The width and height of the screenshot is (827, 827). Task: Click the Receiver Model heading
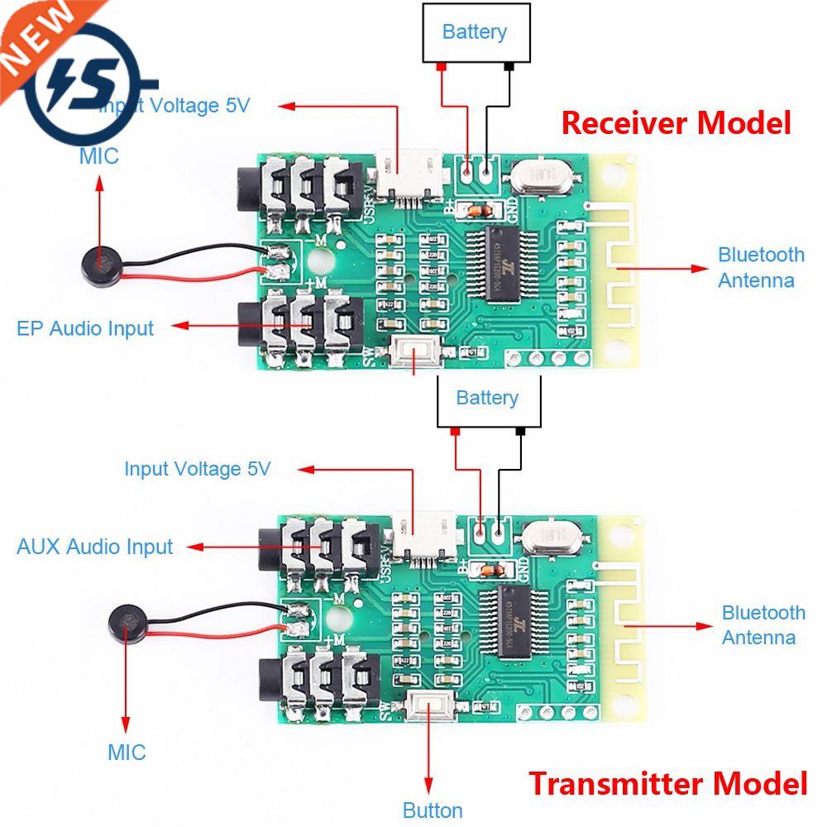tap(676, 123)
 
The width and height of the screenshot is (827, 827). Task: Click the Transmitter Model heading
tap(667, 782)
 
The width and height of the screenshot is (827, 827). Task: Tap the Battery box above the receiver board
tap(475, 33)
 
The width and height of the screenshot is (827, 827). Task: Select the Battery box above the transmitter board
tap(487, 399)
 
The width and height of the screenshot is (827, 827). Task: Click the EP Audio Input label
tap(85, 328)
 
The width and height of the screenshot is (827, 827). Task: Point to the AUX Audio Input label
tap(94, 547)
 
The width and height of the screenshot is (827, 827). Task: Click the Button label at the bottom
tap(432, 810)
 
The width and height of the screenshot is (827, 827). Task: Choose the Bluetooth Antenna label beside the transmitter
tap(762, 624)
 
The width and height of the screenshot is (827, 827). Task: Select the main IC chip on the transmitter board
tap(521, 623)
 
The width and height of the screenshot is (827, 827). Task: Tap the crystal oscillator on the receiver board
tap(541, 175)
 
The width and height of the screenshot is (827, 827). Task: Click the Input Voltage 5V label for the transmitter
tap(197, 469)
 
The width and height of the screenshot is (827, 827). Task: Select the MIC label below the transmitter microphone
tap(127, 752)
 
